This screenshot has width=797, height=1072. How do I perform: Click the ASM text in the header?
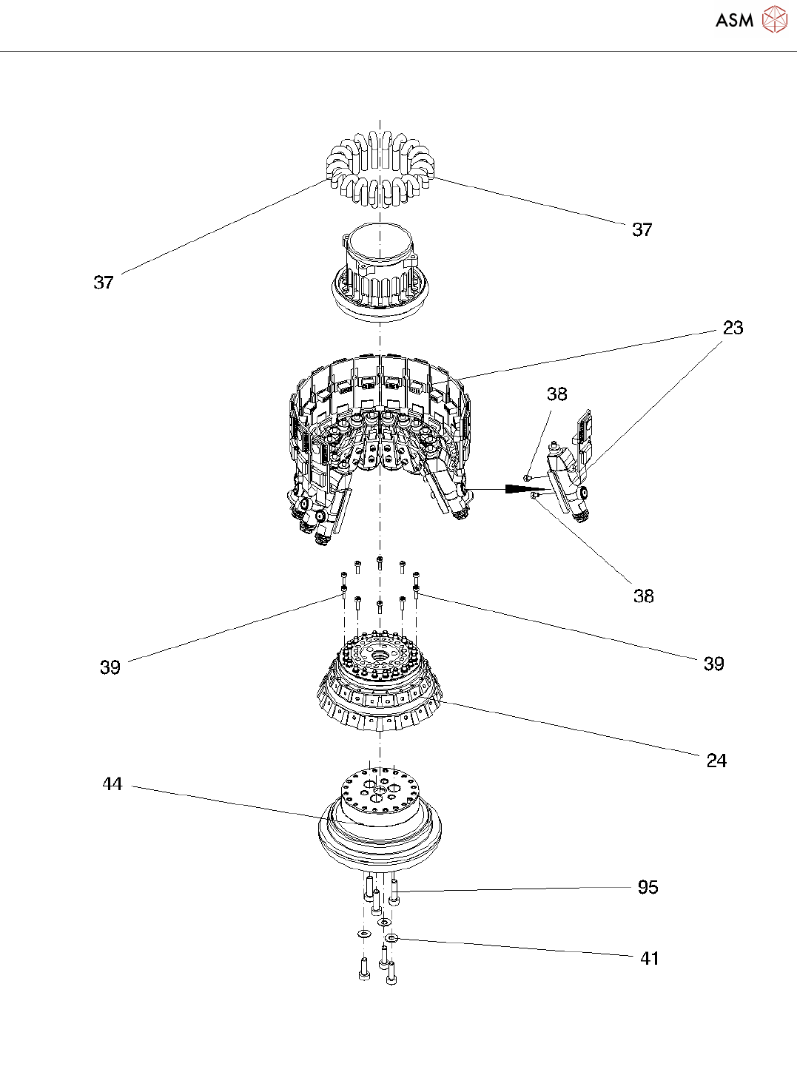click(734, 20)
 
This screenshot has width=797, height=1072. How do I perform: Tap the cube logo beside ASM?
click(774, 19)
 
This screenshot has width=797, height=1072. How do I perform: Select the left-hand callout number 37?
click(104, 282)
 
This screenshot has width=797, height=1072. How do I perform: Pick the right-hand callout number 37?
click(642, 229)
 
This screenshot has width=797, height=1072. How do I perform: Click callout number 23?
click(733, 328)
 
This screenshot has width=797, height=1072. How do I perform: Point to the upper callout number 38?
click(556, 394)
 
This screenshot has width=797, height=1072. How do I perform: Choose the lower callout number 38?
click(643, 596)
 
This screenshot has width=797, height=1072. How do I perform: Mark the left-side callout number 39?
click(110, 667)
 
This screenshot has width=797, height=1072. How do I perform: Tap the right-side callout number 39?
click(713, 664)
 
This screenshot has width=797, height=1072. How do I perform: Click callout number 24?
click(716, 761)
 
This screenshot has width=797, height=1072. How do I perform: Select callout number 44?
click(112, 784)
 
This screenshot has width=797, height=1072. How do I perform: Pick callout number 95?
click(648, 887)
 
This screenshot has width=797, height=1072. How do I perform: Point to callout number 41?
click(649, 959)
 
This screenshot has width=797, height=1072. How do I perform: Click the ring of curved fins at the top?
click(379, 167)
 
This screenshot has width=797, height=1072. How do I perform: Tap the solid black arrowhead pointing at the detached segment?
click(518, 490)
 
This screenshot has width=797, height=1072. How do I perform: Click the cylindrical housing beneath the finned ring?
click(379, 274)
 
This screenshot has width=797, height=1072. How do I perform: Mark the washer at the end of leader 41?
click(391, 938)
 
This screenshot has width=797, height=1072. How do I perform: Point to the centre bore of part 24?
click(379, 656)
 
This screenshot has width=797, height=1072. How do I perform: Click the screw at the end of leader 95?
click(394, 891)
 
